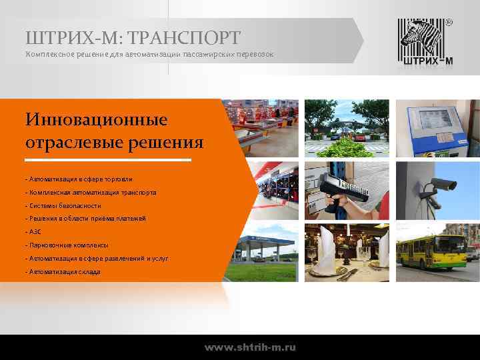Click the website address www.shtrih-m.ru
(x=250, y=347)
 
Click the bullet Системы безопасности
(x=63, y=205)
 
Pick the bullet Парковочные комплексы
(x=67, y=245)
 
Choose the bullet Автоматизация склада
(x=63, y=271)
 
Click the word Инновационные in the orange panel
(x=97, y=121)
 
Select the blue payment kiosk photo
(x=437, y=128)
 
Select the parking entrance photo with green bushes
(x=347, y=128)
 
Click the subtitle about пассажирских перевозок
(x=149, y=53)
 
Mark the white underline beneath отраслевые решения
(x=108, y=160)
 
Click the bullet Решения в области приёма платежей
(x=85, y=218)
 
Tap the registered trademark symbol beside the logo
(x=448, y=22)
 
